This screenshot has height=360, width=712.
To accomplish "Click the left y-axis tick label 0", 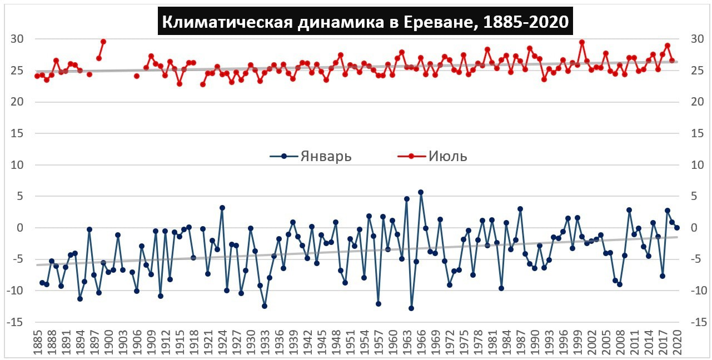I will point(21,228).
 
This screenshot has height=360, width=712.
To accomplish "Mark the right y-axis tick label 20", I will point(697,102).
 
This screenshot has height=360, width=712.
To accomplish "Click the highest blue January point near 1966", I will point(421,192).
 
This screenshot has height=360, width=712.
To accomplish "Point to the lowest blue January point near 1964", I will point(411,308).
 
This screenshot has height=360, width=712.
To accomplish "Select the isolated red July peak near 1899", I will point(103,42).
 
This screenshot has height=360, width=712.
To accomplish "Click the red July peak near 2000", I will point(582,42).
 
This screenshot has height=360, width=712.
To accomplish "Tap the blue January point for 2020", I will point(677,228).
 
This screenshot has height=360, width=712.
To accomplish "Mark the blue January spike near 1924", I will point(222,208).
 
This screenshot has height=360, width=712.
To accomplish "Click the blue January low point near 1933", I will point(265,306).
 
